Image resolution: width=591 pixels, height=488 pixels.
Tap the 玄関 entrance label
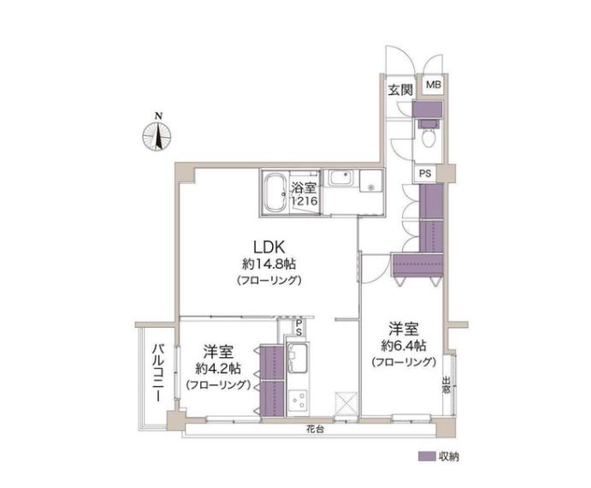point(400,90)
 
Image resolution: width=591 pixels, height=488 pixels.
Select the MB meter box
point(433,85)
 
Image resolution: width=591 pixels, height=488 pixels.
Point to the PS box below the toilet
point(425,174)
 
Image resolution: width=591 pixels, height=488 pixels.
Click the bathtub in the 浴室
point(275,193)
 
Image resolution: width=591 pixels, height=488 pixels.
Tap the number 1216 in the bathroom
point(304,201)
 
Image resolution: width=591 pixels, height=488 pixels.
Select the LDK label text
point(269,247)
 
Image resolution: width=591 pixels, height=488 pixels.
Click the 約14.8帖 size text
point(269,265)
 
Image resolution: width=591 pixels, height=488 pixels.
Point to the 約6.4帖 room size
point(404,345)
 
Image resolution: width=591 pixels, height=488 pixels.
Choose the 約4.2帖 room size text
point(218,368)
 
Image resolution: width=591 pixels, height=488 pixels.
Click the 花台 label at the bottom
point(315,430)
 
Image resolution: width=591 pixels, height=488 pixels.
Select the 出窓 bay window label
point(446,385)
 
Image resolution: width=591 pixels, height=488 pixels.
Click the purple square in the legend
point(426,456)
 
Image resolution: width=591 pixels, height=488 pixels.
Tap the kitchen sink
point(297,358)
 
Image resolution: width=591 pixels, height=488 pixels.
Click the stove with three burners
point(298,402)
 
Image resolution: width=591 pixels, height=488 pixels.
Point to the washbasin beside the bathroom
point(341,178)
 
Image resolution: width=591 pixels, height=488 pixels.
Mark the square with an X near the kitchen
point(346,403)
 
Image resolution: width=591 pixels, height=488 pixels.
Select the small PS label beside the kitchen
point(298,328)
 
